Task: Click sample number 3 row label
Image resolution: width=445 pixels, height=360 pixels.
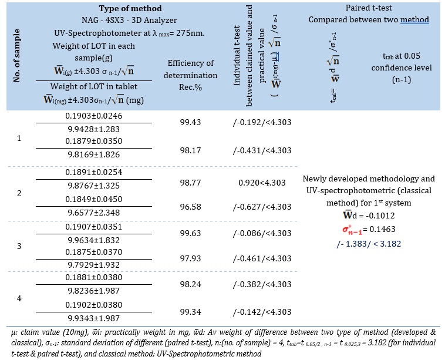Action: click(x=19, y=247)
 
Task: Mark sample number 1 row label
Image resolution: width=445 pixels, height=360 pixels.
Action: click(x=19, y=139)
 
